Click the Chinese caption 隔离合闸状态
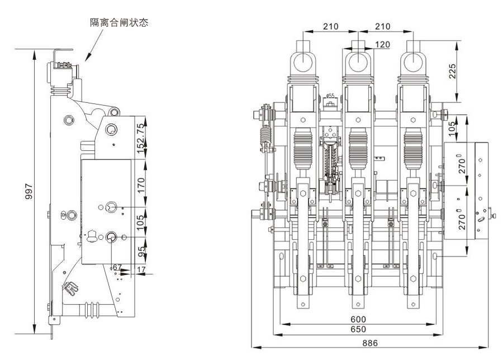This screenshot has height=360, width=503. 120,23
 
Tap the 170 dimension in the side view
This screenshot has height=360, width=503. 142,184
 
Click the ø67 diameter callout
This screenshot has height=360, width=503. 115,268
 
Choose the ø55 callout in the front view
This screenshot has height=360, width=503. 330,97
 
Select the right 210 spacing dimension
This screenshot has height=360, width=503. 382,26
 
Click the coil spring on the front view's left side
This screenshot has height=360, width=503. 265,136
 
